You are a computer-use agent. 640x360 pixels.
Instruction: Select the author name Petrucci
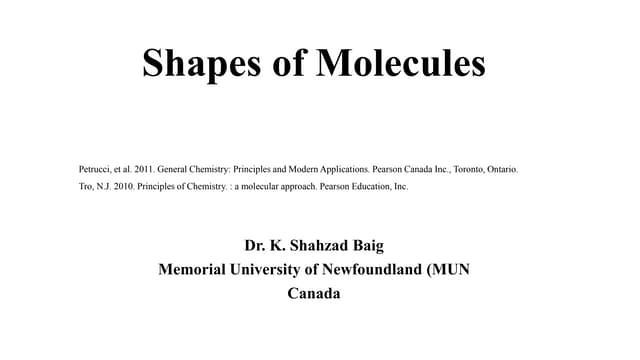(96, 170)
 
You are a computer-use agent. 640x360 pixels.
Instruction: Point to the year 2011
(142, 170)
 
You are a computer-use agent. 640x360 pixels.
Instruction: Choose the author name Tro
(87, 186)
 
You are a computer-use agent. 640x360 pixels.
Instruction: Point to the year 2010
(122, 186)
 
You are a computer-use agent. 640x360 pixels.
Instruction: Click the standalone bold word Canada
(314, 294)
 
